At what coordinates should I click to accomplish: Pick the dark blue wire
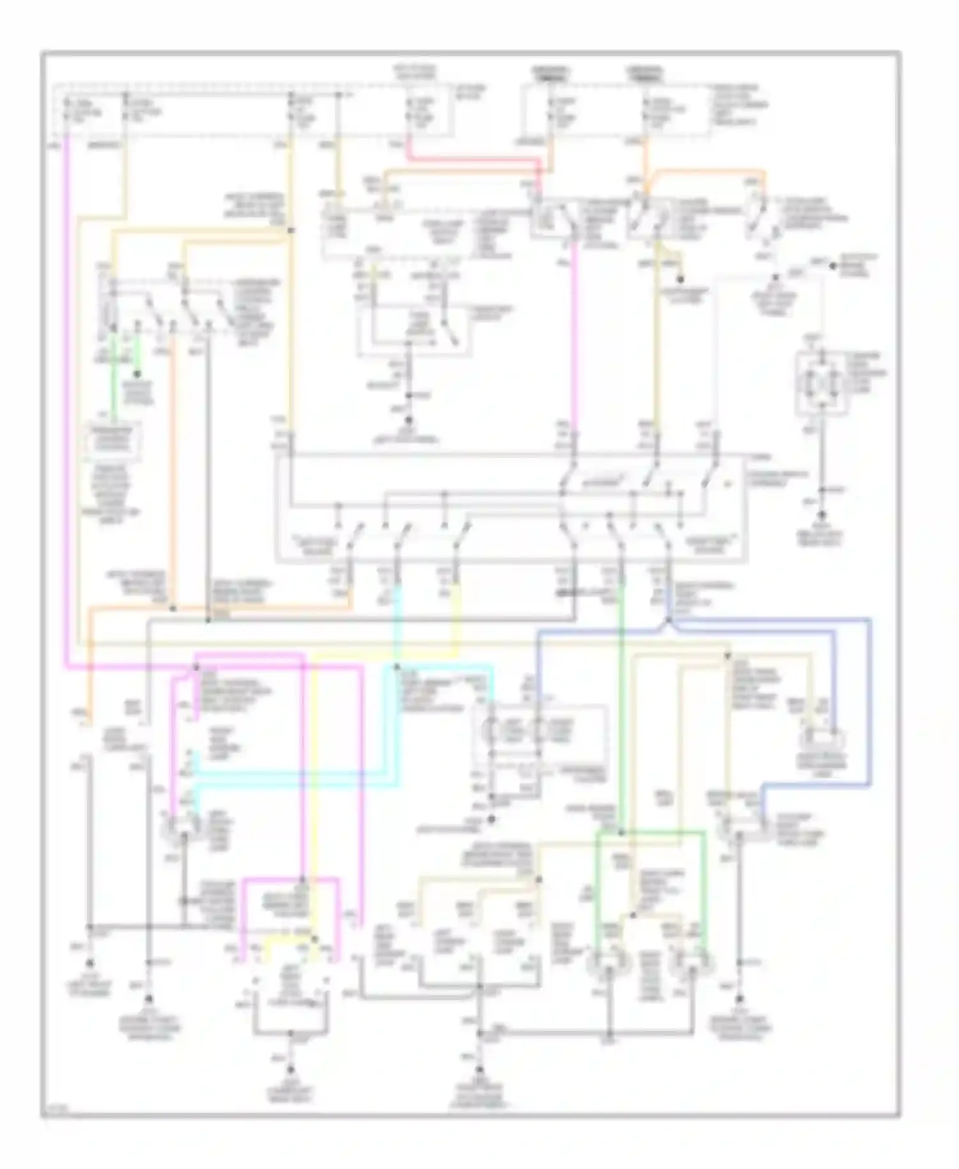[x=869, y=703]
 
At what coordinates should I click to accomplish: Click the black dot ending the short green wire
[x=136, y=375]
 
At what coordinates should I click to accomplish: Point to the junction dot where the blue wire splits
[x=667, y=620]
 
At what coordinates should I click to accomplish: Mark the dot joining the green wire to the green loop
[x=621, y=833]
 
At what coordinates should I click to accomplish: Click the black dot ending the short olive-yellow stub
[x=680, y=279]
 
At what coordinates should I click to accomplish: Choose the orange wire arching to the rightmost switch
[x=703, y=171]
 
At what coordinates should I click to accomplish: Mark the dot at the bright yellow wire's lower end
[x=314, y=938]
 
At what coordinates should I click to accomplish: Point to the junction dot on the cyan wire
[x=397, y=667]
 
